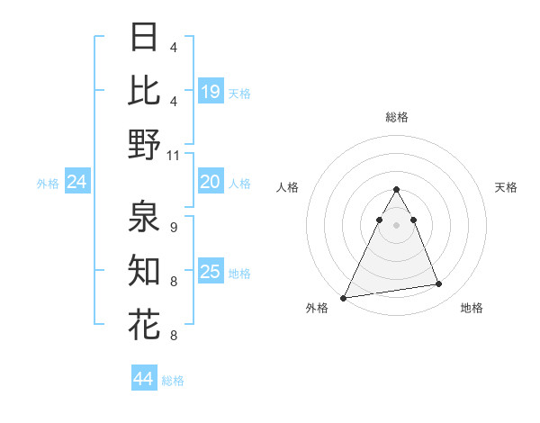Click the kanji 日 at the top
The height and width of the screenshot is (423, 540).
(144, 37)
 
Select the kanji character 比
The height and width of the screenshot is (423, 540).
(144, 90)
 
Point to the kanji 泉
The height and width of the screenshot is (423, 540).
(144, 217)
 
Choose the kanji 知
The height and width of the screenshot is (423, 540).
(144, 270)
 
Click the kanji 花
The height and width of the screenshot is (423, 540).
(144, 323)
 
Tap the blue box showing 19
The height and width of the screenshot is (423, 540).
(211, 92)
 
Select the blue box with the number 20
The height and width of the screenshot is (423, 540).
(211, 183)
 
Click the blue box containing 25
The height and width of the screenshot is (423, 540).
(211, 272)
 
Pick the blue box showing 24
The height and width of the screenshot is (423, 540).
(77, 183)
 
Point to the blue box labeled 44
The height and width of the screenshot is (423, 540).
(144, 379)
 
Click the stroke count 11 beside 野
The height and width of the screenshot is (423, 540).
(174, 155)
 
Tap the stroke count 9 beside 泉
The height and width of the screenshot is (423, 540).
(174, 228)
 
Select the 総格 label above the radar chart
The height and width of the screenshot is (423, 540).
(396, 117)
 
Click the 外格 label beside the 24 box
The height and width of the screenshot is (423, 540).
(48, 184)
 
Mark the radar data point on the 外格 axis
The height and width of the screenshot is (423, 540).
(344, 297)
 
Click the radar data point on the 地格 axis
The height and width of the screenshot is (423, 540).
(439, 284)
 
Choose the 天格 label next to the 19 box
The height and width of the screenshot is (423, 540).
(239, 93)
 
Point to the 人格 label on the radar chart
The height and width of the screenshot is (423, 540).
(288, 187)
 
